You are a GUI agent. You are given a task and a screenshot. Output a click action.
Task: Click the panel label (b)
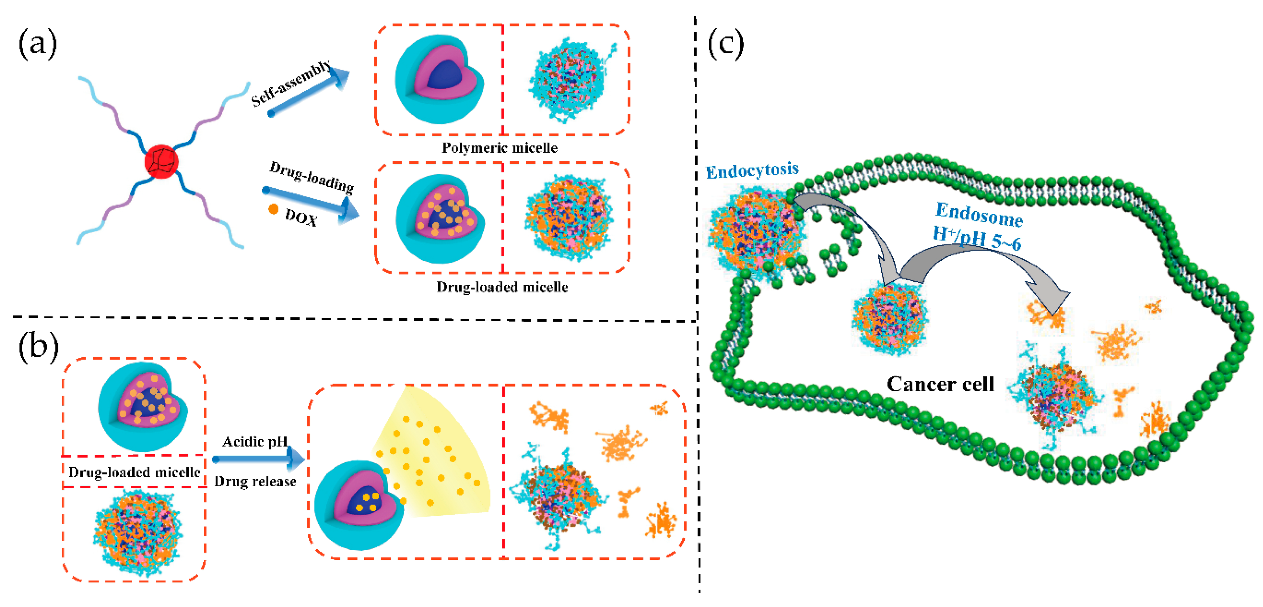tap(38, 346)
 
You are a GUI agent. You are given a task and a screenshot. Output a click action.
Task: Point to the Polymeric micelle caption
tap(499, 148)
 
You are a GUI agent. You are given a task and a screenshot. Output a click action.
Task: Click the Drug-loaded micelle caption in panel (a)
tap(502, 287)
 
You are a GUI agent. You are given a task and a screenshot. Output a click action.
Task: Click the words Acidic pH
tap(254, 442)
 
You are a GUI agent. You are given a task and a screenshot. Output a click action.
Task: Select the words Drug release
tap(255, 482)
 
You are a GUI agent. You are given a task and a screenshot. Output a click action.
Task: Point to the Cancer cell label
tap(940, 384)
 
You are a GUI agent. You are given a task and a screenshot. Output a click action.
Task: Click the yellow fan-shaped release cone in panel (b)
tap(436, 457)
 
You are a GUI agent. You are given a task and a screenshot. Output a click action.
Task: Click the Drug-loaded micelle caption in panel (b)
tap(134, 472)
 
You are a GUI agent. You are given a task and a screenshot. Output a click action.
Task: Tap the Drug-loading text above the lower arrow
tap(311, 177)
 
